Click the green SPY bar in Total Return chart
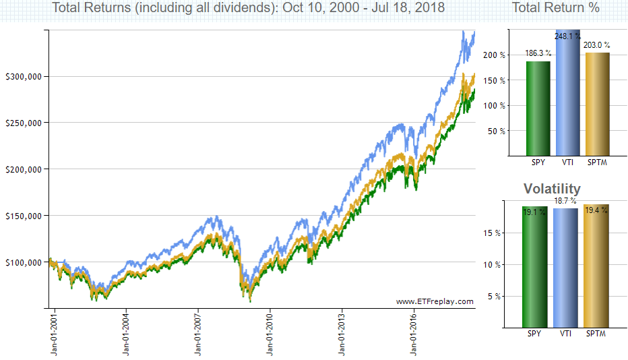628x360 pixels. coord(538,109)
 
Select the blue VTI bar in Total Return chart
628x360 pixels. coord(567,92)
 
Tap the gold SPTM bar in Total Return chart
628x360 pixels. coord(598,104)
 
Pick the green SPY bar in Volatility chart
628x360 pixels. coord(535,267)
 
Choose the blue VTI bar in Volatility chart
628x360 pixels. coord(565,268)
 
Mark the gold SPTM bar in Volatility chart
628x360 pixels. coord(596,266)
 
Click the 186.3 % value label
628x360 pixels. coord(538,53)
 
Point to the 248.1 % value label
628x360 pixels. coord(567,36)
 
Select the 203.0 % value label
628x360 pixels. coord(597,45)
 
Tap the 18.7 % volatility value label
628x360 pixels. coord(565,200)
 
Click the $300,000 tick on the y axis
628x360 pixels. coord(24,77)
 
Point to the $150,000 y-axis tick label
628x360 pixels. coord(24,216)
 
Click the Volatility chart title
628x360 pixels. coord(552,188)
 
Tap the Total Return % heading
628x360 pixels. coord(555,7)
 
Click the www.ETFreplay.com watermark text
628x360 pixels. coord(435,301)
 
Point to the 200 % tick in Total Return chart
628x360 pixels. coord(494,55)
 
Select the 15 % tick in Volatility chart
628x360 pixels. coord(493,233)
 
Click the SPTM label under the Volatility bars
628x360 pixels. coord(596,334)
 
